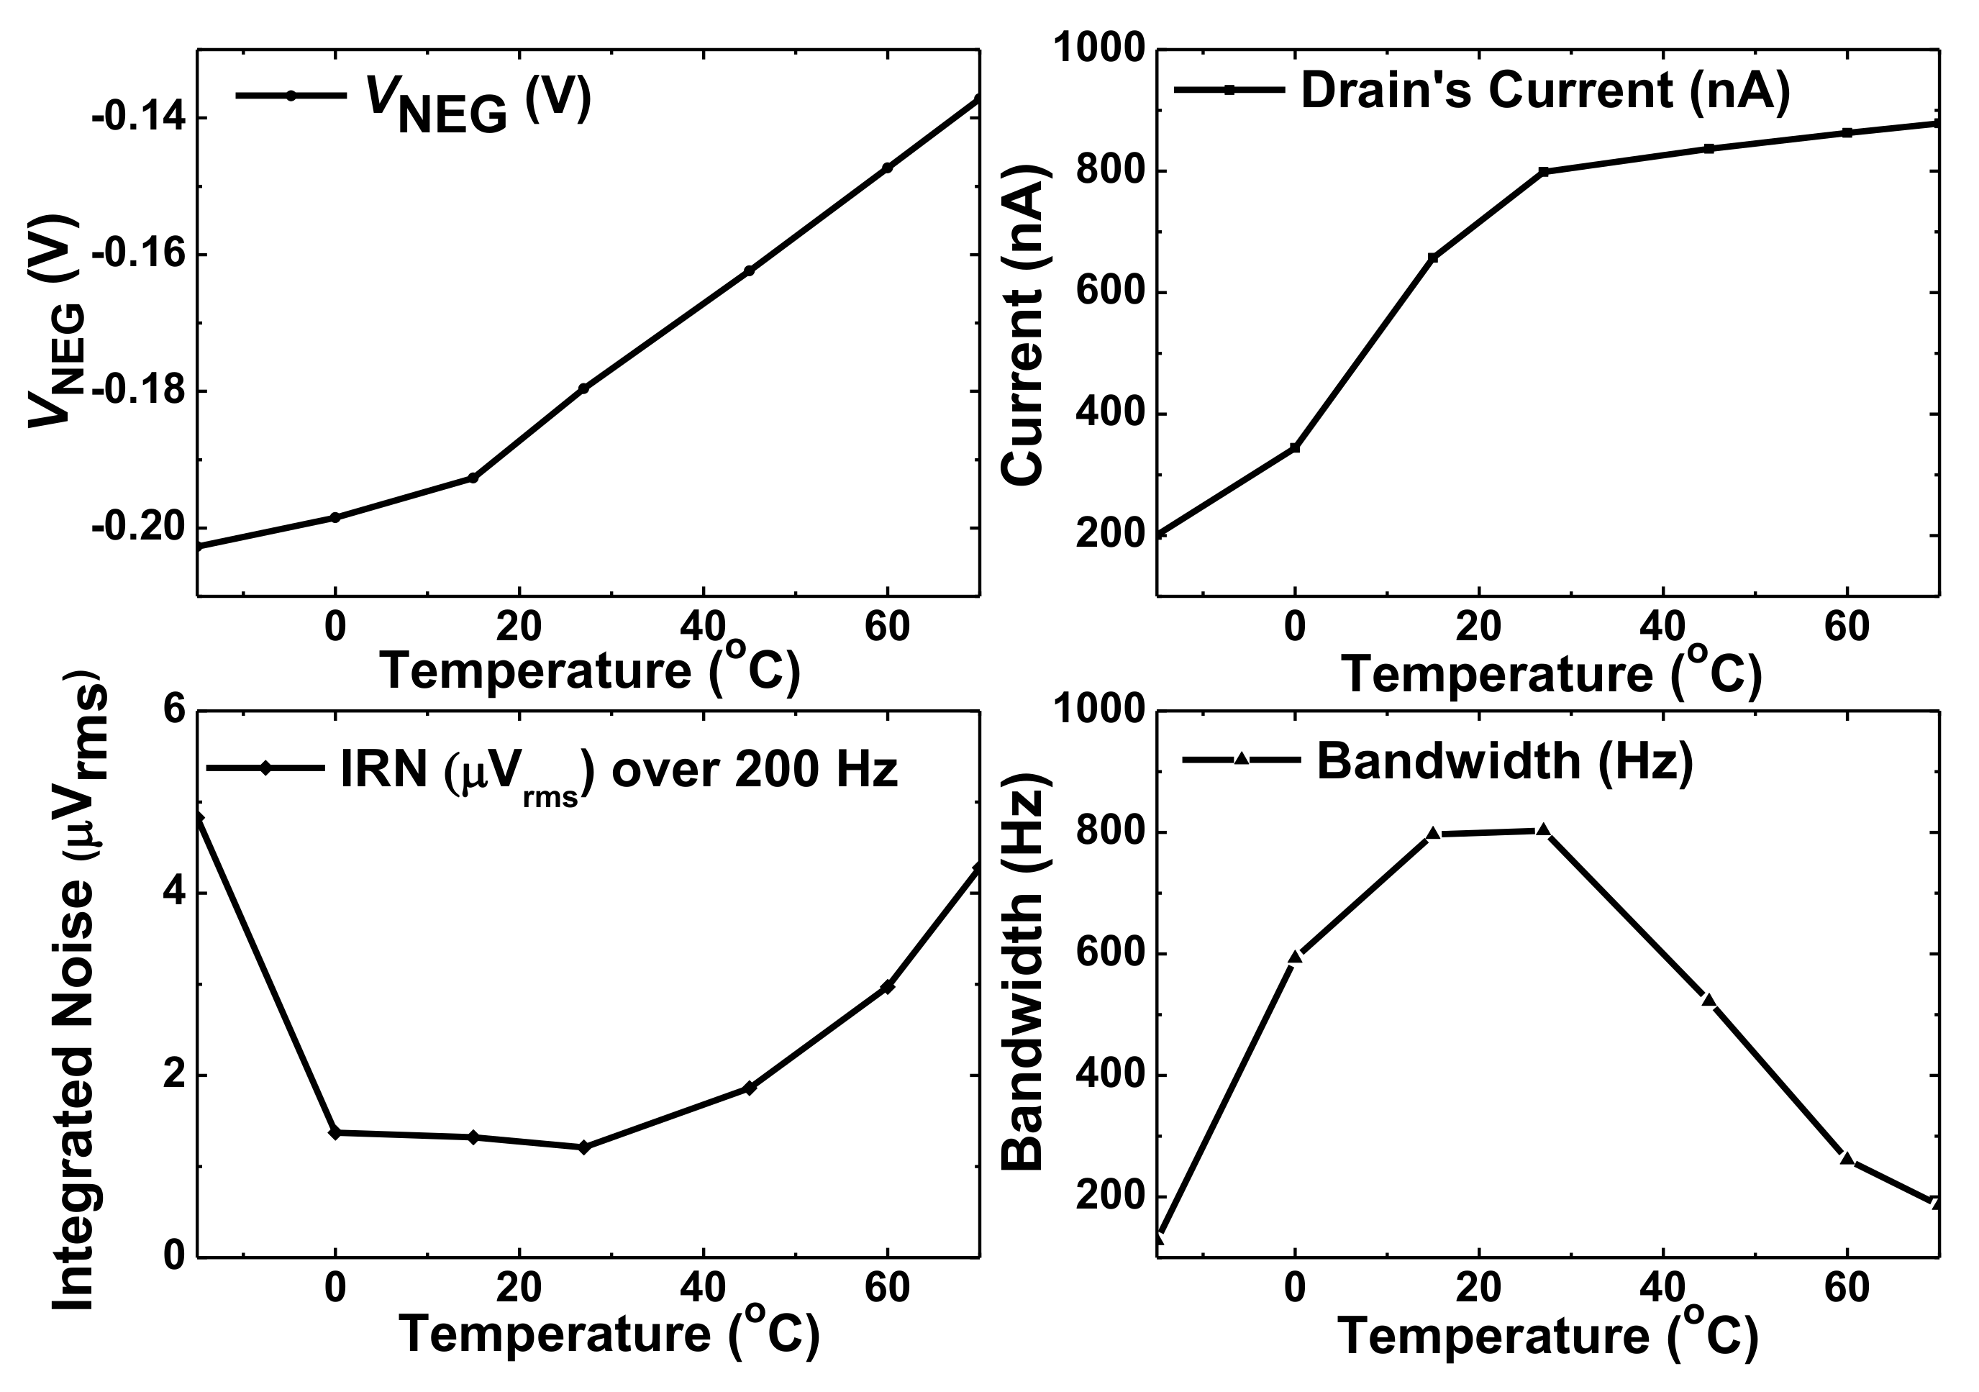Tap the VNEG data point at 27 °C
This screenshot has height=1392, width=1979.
[583, 388]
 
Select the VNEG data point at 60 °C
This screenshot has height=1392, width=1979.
[888, 168]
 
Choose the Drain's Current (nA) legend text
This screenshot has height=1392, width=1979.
[1544, 91]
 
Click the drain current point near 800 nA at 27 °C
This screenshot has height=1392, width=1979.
[1544, 171]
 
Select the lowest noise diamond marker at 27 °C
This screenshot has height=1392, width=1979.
[583, 1147]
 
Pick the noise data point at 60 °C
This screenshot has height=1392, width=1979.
[888, 987]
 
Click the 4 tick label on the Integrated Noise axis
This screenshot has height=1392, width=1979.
[176, 893]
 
